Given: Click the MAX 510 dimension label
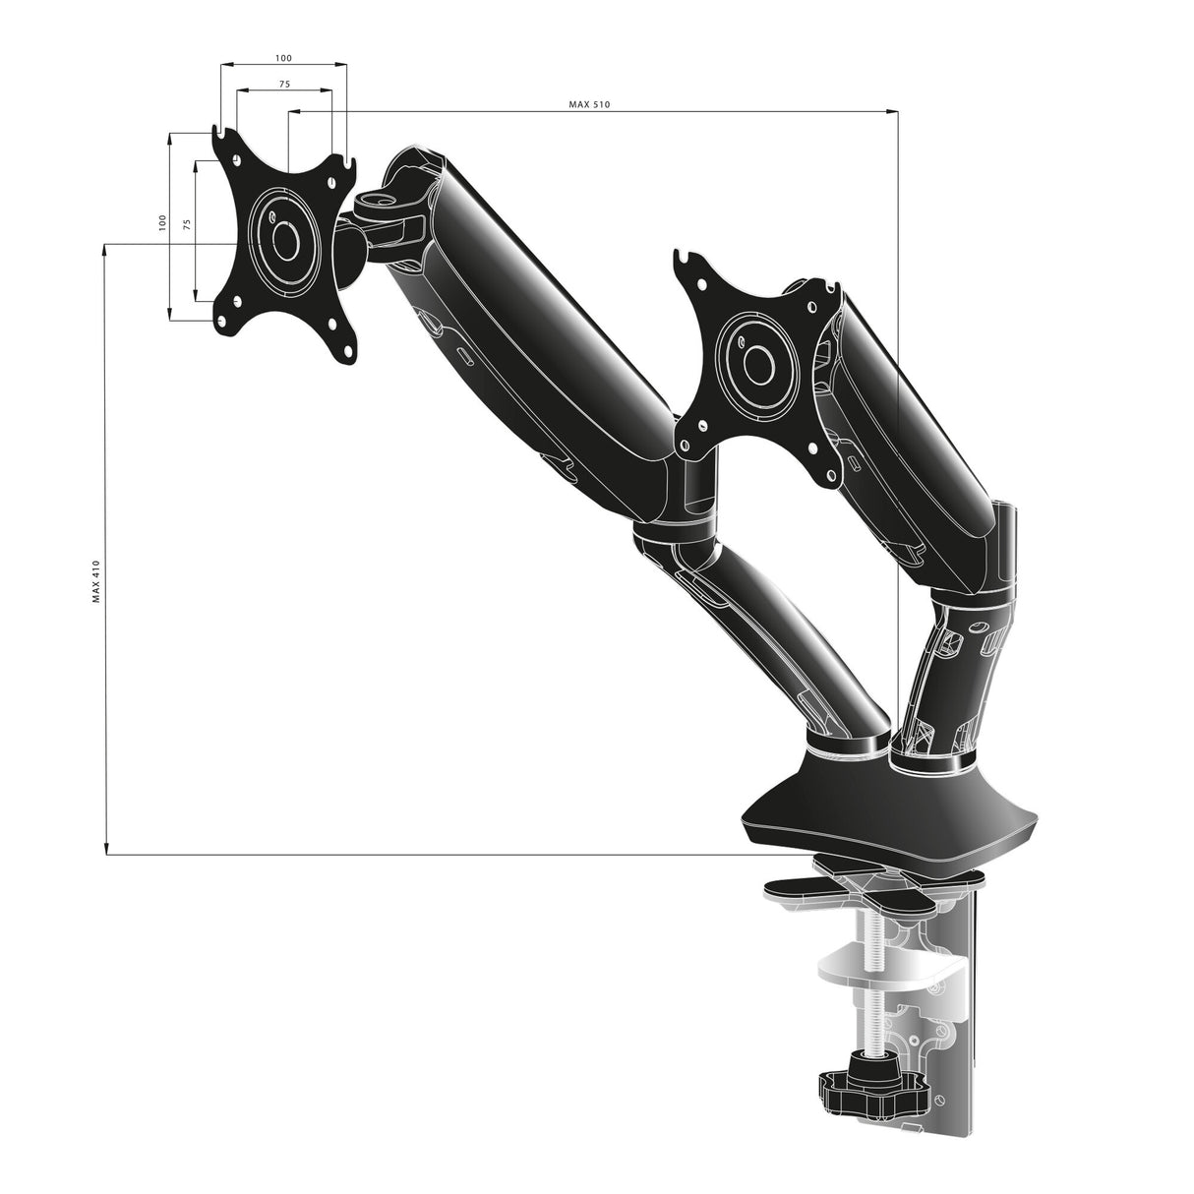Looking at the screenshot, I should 590,105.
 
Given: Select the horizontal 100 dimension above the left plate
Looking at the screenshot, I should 283,59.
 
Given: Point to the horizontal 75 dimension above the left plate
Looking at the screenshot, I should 283,85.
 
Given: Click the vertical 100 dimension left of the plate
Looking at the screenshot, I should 163,223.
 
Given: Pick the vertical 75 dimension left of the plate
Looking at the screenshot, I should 187,223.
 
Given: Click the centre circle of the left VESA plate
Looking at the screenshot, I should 285,239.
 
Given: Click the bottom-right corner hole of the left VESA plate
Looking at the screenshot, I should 345,348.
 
